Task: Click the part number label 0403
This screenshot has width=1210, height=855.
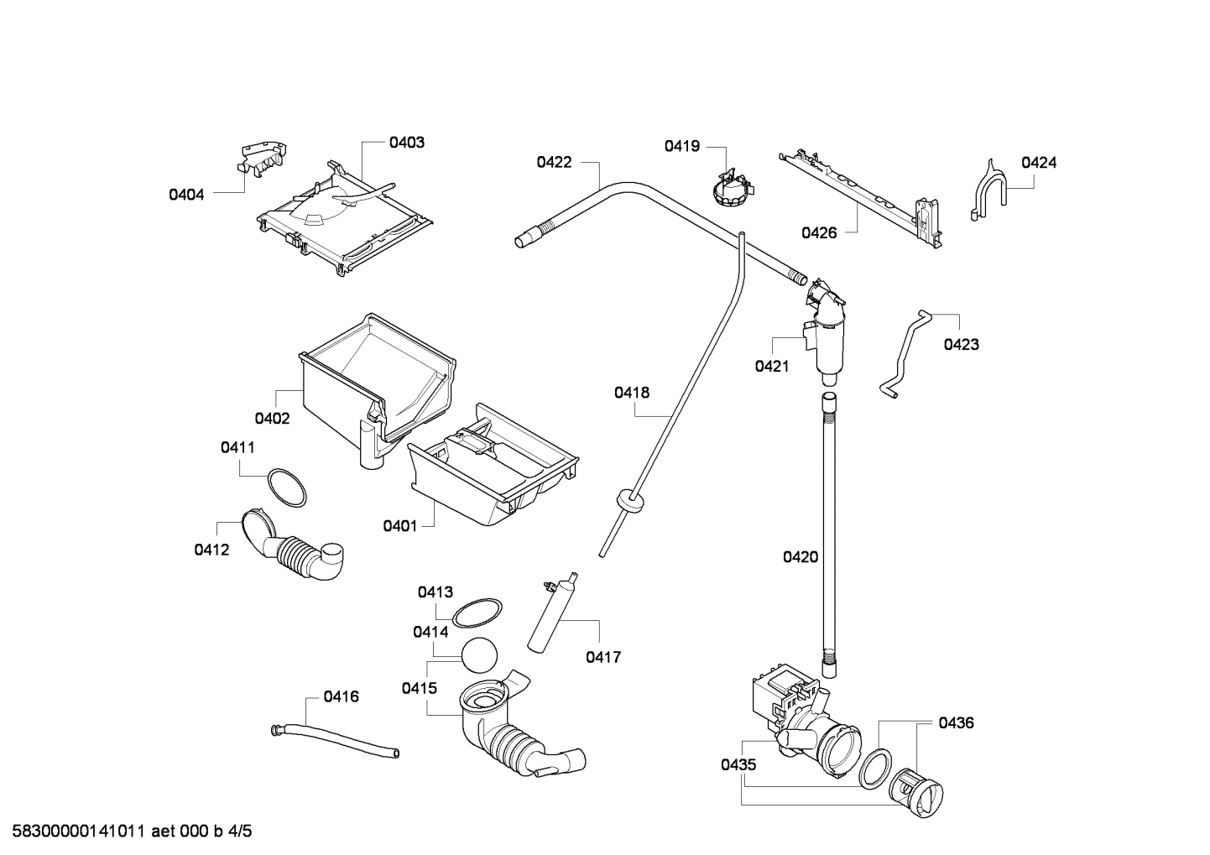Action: (x=406, y=143)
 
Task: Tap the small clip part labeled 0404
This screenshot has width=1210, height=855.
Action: (x=262, y=159)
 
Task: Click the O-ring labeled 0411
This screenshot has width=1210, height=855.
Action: (x=286, y=488)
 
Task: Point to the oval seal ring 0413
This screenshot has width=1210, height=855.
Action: (x=477, y=613)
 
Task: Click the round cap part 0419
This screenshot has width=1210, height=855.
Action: (x=728, y=189)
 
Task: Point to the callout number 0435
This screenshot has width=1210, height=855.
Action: (x=738, y=764)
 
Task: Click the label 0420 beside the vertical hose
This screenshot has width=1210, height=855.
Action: (x=800, y=556)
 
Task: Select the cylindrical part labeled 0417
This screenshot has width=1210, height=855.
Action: (x=550, y=613)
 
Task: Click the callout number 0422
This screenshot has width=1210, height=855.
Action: (x=554, y=162)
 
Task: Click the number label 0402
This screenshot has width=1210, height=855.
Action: (x=272, y=418)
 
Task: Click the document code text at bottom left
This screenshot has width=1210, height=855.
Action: (x=127, y=832)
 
